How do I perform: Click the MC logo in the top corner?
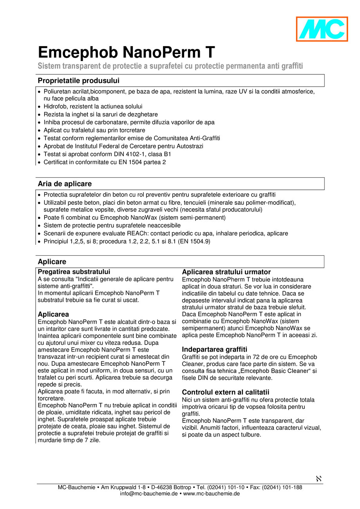322,29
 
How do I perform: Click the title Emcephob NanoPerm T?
126,52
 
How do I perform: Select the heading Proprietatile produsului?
78,81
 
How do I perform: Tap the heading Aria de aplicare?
65,184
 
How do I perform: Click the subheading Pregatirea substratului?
74,272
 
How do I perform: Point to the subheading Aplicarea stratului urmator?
226,272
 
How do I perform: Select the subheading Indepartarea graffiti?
214,349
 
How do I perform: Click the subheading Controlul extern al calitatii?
226,392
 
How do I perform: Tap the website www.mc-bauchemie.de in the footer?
212,494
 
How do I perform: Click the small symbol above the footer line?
318,478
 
